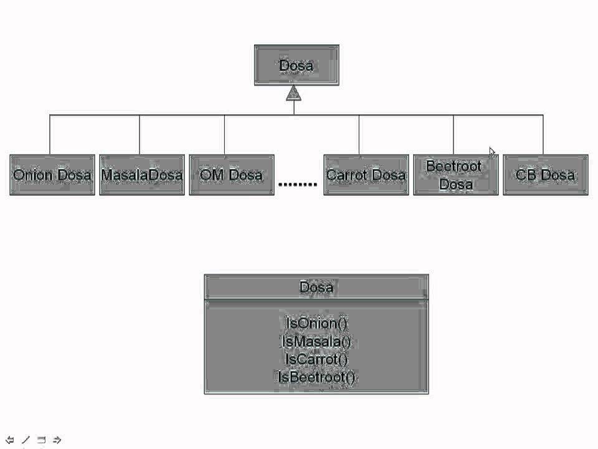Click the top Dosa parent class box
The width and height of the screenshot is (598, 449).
pos(297,65)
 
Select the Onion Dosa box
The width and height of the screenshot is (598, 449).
pos(52,175)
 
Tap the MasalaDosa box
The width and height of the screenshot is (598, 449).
pos(142,175)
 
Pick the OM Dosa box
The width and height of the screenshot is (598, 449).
pos(232,175)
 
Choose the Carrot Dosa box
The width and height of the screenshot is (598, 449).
pos(366,175)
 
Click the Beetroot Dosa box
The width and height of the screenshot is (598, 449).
pos(455,175)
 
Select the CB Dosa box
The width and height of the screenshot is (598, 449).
pos(545,175)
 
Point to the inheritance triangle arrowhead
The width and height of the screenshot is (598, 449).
pos(294,94)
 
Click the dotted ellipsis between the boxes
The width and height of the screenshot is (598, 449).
pos(298,184)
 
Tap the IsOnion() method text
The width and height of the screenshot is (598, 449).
pos(316,323)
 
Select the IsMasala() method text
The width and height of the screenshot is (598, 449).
pos(316,341)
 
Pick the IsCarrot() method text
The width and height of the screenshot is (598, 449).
pos(316,359)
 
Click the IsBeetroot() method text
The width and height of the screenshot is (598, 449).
pos(316,377)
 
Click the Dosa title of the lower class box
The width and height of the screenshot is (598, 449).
pos(316,287)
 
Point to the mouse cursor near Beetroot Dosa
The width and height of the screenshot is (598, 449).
pos(491,152)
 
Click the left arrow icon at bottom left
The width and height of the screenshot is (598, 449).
pos(10,440)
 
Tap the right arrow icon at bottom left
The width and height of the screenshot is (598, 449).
pos(57,440)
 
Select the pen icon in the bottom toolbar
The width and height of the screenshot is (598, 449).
pos(26,440)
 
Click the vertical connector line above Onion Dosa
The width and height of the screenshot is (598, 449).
pos(50,135)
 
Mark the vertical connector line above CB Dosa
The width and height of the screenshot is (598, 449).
pos(543,135)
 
